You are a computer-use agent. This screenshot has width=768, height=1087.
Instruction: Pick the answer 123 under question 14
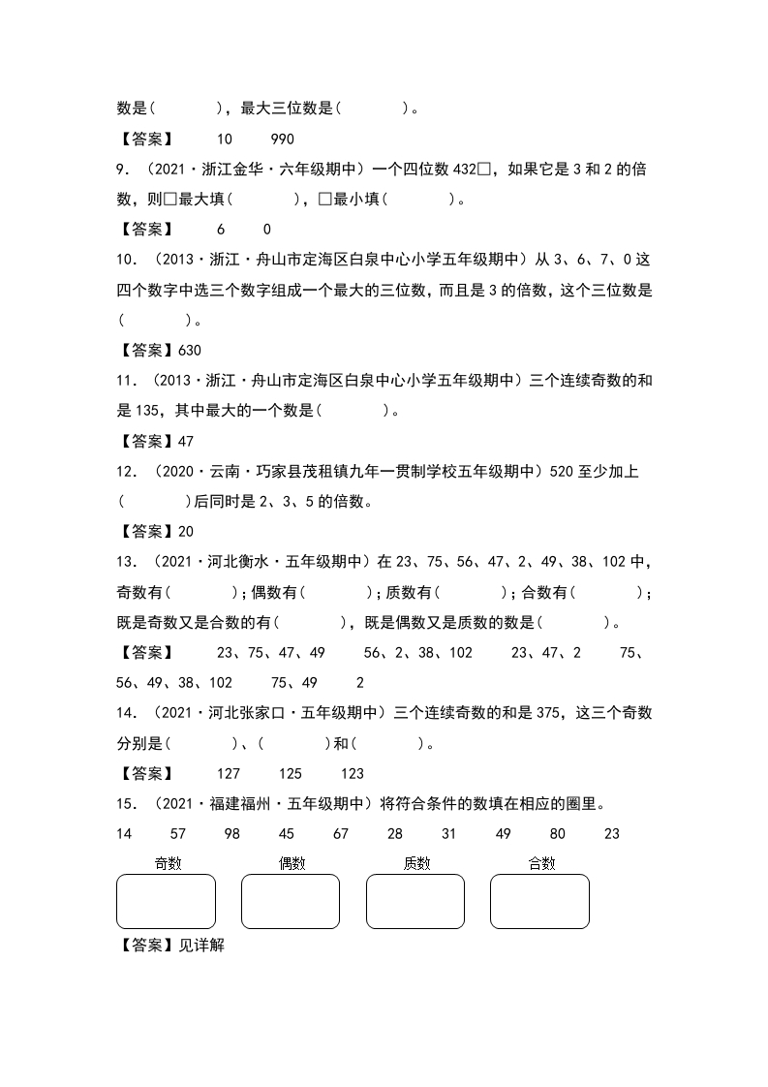(x=353, y=773)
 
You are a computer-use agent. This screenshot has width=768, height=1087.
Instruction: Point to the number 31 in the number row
(x=448, y=833)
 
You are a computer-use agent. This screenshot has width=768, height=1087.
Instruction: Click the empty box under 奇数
(x=166, y=901)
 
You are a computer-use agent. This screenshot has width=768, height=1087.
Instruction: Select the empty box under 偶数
(x=291, y=901)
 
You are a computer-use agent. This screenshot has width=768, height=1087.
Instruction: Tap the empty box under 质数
(x=415, y=901)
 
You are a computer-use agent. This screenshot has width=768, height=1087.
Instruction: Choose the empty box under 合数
(x=539, y=901)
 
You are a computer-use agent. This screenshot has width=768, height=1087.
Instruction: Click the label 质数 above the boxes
(x=416, y=863)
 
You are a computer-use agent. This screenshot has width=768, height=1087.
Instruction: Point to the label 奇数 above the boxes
(x=169, y=863)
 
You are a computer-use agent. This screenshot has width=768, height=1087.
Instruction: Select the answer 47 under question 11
(x=187, y=441)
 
